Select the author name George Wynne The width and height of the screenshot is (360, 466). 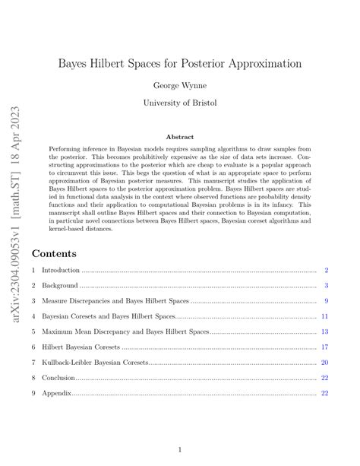(x=180, y=85)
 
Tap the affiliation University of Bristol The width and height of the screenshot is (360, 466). (x=180, y=103)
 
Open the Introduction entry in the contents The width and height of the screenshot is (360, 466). (x=61, y=271)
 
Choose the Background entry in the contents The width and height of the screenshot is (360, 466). (x=60, y=286)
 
